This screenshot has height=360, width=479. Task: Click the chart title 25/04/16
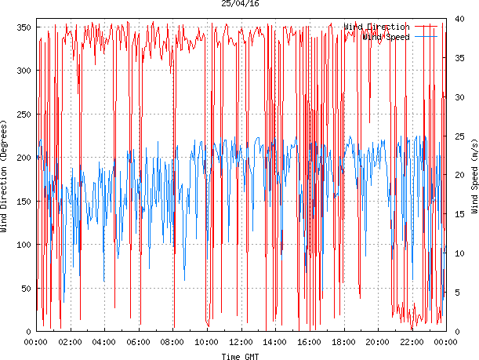[240, 4]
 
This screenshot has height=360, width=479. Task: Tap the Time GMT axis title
[240, 356]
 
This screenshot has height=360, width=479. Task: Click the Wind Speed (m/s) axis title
[474, 178]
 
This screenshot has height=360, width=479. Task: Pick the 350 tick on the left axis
[22, 27]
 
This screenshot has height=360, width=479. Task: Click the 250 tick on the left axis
[22, 115]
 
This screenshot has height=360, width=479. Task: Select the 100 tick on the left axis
[22, 245]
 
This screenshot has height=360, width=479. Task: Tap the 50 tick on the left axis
[24, 289]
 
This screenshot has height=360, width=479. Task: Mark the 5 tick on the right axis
[455, 293]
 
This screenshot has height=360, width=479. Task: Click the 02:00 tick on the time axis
[70, 342]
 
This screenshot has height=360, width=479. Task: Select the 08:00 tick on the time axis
[172, 342]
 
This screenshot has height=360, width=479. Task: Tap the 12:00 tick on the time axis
[241, 342]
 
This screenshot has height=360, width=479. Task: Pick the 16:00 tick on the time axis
[309, 342]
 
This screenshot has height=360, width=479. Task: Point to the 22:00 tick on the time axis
[412, 342]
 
